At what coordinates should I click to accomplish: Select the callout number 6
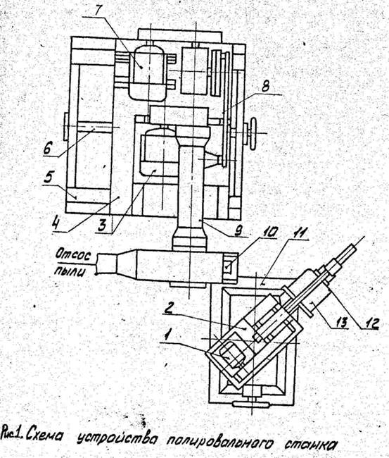[x=48, y=149]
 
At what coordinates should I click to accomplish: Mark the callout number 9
[x=240, y=230]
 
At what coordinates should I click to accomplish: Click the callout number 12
[x=369, y=323]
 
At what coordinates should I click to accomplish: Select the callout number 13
[x=340, y=323]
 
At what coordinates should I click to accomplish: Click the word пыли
[x=70, y=271]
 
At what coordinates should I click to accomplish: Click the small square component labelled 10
[x=229, y=266]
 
